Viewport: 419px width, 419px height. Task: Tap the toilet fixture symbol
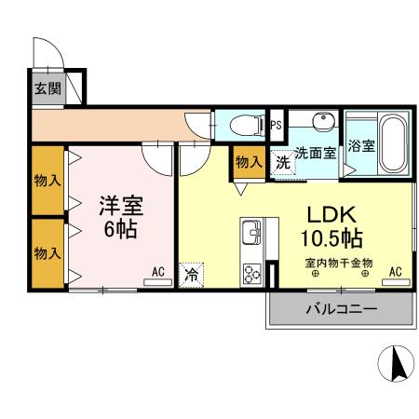[x=245, y=124]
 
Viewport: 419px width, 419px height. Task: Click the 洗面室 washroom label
[x=316, y=154]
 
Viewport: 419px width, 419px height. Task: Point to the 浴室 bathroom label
[x=361, y=146]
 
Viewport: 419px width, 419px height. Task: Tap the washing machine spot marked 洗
[x=282, y=161]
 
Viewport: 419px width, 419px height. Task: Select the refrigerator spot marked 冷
[x=191, y=275]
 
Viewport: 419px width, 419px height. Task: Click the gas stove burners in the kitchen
[x=252, y=273]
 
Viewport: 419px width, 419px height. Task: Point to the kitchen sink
[x=253, y=231]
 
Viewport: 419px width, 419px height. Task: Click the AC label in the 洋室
[x=157, y=272]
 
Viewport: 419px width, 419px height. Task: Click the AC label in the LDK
[x=395, y=272]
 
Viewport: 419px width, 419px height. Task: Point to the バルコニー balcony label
[x=340, y=308]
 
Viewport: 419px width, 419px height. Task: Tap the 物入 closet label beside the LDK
[x=248, y=162]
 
